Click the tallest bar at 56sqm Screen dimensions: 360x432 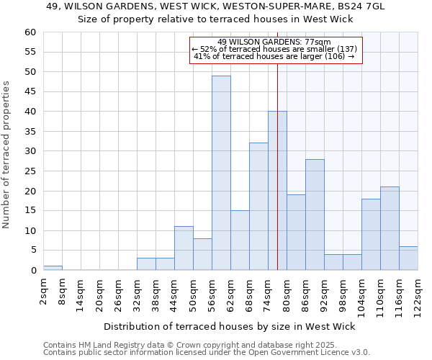point(221,173)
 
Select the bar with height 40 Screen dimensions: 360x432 point(277,191)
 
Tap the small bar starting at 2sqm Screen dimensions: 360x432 point(53,268)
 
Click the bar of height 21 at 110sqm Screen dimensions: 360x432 point(390,228)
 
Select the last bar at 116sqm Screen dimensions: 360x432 point(408,258)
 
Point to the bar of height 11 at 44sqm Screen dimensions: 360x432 point(184,248)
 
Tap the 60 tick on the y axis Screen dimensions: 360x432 point(30,32)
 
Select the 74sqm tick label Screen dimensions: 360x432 point(269,294)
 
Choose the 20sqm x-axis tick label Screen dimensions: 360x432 point(100,294)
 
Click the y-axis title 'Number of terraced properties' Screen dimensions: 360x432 point(7,155)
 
